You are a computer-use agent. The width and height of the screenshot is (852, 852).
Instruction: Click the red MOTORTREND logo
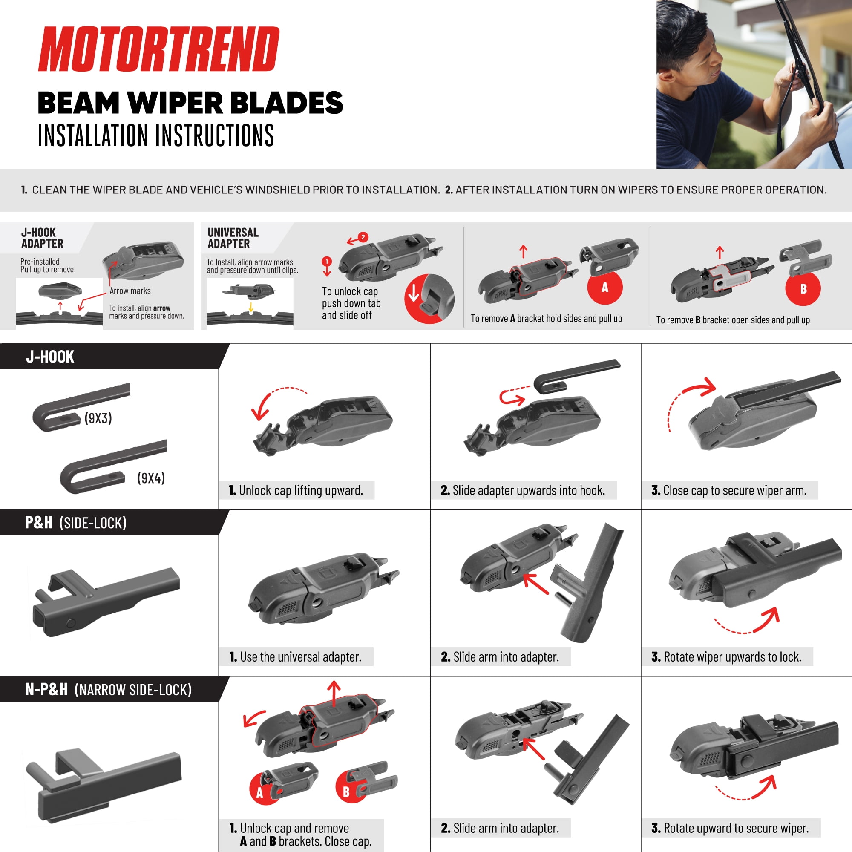pyautogui.click(x=159, y=49)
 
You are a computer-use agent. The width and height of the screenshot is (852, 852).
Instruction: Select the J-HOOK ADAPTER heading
pyautogui.click(x=42, y=238)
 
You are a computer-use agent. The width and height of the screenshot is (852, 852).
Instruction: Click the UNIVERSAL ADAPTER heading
pyautogui.click(x=233, y=238)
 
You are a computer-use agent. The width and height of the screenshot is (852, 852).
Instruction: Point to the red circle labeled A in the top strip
pyautogui.click(x=605, y=288)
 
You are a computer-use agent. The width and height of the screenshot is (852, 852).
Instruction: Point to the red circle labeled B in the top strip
pyautogui.click(x=803, y=289)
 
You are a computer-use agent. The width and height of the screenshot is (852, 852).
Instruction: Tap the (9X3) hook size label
pyautogui.click(x=98, y=418)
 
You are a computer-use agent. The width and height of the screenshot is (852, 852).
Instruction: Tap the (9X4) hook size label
pyautogui.click(x=151, y=478)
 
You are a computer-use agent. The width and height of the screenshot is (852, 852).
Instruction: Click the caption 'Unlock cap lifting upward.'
pyautogui.click(x=296, y=490)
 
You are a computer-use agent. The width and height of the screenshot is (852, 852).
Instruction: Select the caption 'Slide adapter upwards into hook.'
pyautogui.click(x=523, y=490)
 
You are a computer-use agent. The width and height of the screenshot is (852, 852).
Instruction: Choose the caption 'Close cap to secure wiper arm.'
pyautogui.click(x=729, y=490)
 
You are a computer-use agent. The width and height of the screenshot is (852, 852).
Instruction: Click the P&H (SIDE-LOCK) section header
pyautogui.click(x=76, y=523)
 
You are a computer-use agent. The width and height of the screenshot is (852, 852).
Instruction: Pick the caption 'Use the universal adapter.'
pyautogui.click(x=296, y=657)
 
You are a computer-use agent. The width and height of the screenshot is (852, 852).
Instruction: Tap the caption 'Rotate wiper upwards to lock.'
pyautogui.click(x=726, y=657)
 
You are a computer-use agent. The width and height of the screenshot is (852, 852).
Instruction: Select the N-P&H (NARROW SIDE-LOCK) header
pyautogui.click(x=109, y=690)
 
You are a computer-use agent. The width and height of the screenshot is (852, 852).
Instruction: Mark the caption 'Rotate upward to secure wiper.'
pyautogui.click(x=730, y=828)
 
